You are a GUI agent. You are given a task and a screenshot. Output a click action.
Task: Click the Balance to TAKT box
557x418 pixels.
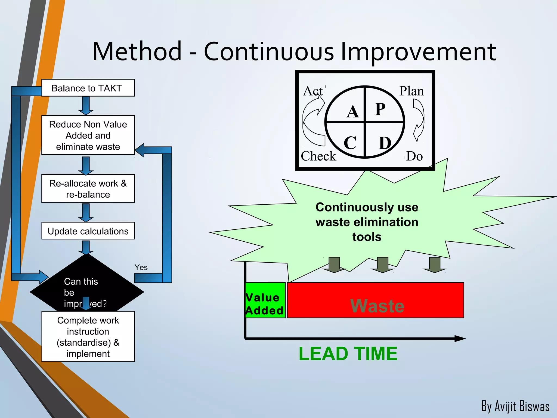point(88,88)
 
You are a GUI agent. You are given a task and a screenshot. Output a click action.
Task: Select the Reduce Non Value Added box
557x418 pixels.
point(88,135)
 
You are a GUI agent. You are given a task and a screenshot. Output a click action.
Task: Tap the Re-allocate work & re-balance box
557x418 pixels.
point(88,189)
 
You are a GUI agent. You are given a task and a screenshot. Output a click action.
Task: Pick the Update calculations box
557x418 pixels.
point(88,231)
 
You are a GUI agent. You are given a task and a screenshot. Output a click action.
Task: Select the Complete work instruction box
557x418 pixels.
point(88,337)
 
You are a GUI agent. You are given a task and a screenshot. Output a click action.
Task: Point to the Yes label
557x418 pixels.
point(141,268)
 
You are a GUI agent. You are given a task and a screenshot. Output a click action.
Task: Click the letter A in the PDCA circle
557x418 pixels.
point(353,112)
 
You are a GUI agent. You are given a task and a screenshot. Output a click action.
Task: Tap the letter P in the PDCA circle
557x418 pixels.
point(380,109)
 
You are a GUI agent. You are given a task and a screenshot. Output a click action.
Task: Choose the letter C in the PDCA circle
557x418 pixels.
point(350,143)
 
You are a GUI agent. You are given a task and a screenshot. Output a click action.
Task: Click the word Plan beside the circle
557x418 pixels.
point(411,91)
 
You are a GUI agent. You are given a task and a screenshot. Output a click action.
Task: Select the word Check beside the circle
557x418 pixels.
point(318,156)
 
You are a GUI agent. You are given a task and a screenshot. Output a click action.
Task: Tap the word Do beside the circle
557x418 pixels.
point(414,156)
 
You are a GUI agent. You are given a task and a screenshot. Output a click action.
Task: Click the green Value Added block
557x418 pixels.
point(265,300)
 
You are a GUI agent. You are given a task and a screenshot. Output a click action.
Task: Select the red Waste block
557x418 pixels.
point(376,300)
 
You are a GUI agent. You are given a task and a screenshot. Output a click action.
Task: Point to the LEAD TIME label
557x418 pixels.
point(348,354)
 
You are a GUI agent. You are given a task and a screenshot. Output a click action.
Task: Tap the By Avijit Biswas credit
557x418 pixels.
point(515,406)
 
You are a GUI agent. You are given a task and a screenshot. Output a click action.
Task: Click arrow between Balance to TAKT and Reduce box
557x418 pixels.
point(86,106)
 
